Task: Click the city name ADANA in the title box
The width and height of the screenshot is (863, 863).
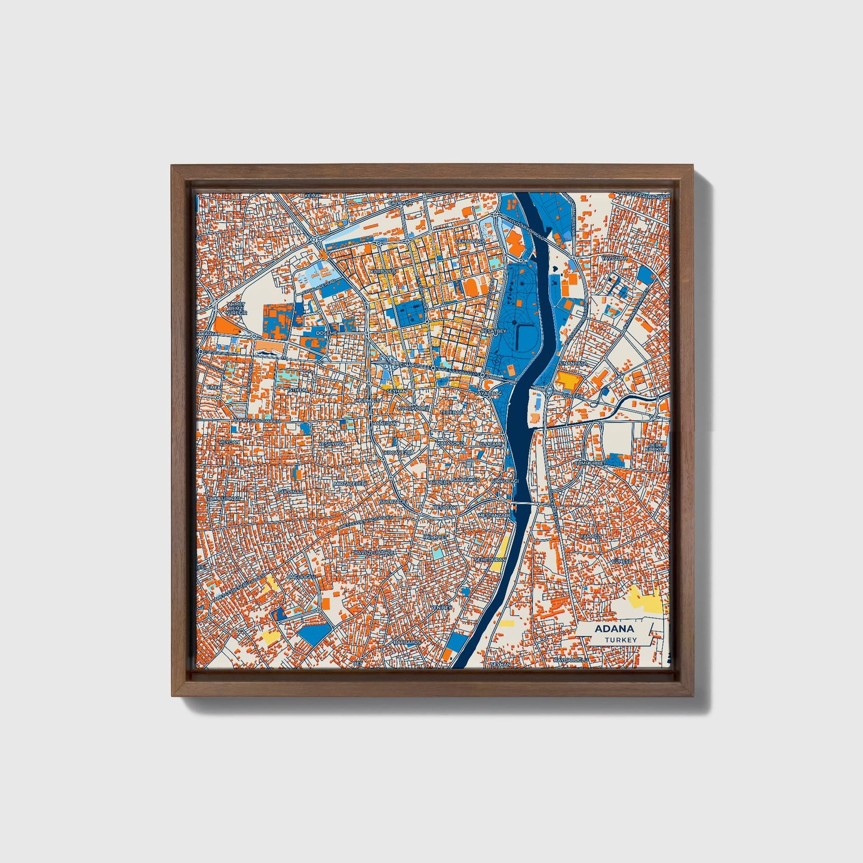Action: coord(614,629)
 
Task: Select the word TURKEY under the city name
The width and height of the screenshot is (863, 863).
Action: coord(621,640)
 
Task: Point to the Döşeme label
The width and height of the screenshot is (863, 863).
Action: coord(327,332)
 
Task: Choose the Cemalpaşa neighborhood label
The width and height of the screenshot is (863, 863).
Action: coord(469,241)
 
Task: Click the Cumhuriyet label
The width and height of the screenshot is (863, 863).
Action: coord(590,463)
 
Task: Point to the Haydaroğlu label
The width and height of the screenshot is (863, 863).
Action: coord(572,660)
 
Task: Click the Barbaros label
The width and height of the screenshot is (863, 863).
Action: coord(406,642)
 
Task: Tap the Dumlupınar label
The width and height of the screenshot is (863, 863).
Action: coord(223,497)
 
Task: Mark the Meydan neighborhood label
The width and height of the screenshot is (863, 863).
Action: coord(229,442)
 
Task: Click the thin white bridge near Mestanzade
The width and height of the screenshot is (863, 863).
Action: coord(526,504)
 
